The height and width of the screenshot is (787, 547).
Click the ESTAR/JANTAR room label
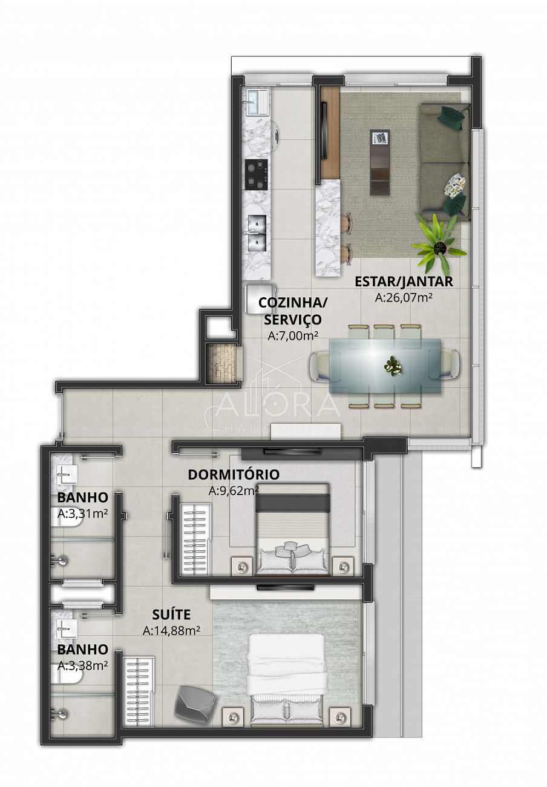point(404,282)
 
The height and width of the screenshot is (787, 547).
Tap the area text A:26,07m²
point(404,298)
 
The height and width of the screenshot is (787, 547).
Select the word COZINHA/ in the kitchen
point(293,303)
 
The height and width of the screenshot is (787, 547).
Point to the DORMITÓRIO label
point(234,474)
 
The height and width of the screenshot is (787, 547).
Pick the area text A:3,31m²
point(82,513)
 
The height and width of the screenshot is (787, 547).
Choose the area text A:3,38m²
point(82,665)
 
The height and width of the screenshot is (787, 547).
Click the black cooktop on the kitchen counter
point(257,174)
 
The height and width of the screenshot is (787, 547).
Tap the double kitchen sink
point(257,233)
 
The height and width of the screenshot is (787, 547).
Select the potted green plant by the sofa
point(439,245)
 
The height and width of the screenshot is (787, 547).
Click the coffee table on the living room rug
point(380,161)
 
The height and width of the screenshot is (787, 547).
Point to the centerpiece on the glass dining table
point(393,366)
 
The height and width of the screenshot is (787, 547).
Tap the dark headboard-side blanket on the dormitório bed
point(293,502)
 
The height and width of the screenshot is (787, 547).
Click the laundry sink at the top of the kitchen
point(258,102)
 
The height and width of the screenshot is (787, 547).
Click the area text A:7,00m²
point(293,336)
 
